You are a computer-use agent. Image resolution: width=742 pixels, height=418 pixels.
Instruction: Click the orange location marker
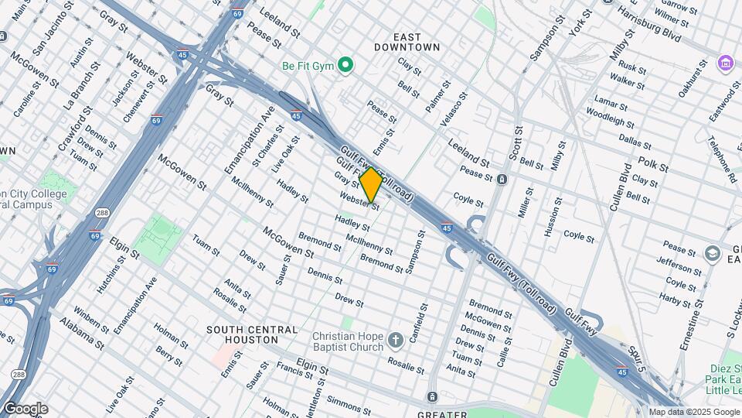point(371,185)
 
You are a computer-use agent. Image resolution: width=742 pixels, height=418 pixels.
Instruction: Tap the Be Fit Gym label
point(308,66)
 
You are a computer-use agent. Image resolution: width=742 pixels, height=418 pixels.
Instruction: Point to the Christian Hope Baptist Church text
point(348,341)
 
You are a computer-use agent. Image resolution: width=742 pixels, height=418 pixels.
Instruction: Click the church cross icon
point(396,340)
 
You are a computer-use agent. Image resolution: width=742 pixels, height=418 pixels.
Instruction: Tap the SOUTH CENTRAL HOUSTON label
point(252,334)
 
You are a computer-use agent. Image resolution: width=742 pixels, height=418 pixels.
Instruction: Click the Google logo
point(25,409)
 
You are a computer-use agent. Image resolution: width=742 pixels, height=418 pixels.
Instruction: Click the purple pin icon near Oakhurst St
point(725,63)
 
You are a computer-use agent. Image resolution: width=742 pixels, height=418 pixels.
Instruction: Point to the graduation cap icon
point(712,254)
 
